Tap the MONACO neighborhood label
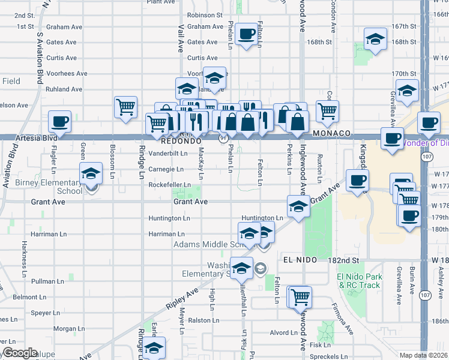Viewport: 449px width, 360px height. (x=331, y=133)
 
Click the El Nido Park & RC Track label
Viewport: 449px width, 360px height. (x=360, y=281)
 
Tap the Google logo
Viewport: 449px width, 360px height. (x=20, y=353)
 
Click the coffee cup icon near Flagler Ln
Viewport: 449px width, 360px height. (x=59, y=121)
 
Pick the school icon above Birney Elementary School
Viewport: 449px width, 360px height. (x=91, y=174)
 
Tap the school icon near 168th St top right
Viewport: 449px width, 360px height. (x=375, y=40)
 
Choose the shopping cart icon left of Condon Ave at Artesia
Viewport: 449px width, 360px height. (x=327, y=110)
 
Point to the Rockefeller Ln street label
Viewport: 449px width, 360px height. (x=170, y=185)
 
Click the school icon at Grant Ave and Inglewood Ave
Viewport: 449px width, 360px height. (x=298, y=206)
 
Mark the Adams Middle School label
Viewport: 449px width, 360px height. (x=206, y=245)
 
